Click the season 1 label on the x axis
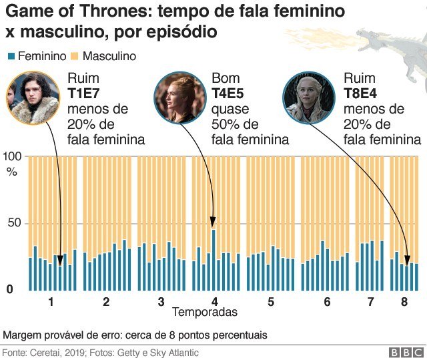pyautogui.click(x=51, y=301)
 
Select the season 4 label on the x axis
pyautogui.click(x=215, y=301)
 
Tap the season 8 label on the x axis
pyautogui.click(x=404, y=301)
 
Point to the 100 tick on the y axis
pyautogui.click(x=13, y=156)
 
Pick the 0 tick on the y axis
pyautogui.click(x=9, y=290)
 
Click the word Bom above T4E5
pyautogui.click(x=226, y=79)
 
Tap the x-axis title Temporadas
pyautogui.click(x=204, y=312)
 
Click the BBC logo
pyautogui.click(x=403, y=352)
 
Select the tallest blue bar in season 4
pyautogui.click(x=213, y=260)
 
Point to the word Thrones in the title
pyautogui.click(x=113, y=11)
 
